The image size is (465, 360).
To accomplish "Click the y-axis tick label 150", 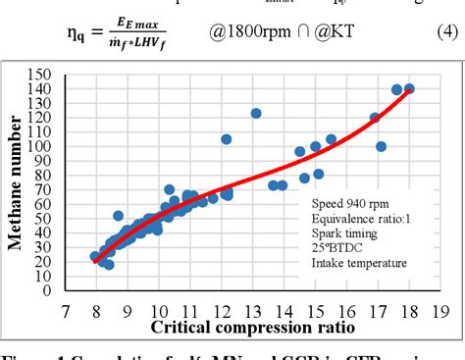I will click(40, 75).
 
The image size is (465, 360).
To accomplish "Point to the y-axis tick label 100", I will click(40, 146).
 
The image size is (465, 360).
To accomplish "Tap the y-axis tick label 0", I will click(47, 290).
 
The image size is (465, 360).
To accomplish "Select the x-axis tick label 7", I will click(66, 312).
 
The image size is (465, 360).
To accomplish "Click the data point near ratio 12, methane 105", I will click(227, 139).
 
